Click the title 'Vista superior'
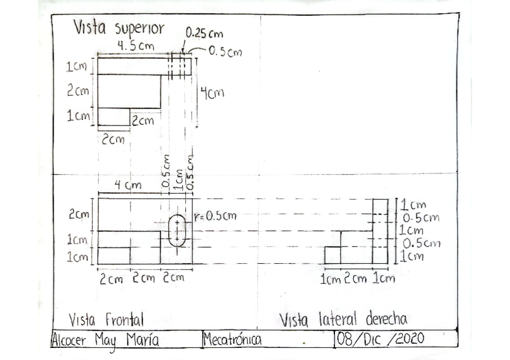(118, 28)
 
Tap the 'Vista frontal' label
(106, 319)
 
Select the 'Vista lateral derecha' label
(343, 319)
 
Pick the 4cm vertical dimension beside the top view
(212, 93)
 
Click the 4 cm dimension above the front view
(128, 186)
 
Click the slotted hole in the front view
(177, 230)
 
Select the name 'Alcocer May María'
(105, 340)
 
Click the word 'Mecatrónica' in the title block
(232, 340)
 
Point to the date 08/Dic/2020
(381, 339)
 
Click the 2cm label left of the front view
(79, 214)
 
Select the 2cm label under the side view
(355, 279)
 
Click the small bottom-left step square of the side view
(333, 255)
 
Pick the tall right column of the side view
(380, 231)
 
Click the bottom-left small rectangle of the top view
(114, 117)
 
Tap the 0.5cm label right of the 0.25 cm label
(225, 52)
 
